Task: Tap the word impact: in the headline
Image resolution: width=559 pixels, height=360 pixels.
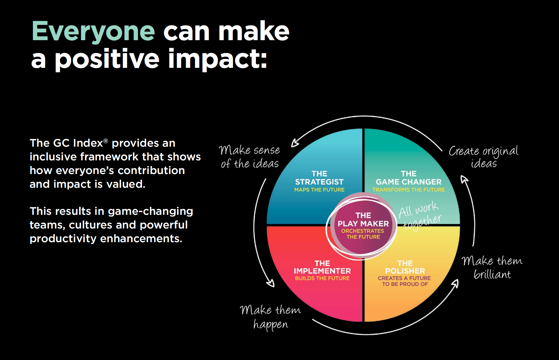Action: tap(218, 60)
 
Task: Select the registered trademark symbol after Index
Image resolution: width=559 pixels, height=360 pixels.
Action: tap(106, 140)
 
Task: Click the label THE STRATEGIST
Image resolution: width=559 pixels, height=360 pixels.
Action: tap(319, 178)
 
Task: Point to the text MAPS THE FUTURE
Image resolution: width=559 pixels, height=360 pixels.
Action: tap(319, 190)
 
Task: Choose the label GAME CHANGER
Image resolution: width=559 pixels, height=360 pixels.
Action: tap(409, 182)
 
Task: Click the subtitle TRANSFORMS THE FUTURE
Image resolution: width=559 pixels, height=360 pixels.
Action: tap(409, 190)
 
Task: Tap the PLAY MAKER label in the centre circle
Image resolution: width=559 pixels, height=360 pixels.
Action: tap(363, 223)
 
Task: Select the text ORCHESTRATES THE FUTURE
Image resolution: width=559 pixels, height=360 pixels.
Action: tap(363, 234)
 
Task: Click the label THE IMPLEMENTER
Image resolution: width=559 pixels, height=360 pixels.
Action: tap(322, 267)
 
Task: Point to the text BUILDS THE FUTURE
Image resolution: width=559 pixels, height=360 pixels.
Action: tap(322, 278)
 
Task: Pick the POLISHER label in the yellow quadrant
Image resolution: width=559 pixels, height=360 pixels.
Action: tap(405, 271)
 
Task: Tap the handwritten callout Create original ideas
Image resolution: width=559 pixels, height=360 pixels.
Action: tap(483, 156)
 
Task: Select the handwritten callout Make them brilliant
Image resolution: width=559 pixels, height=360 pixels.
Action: tap(492, 267)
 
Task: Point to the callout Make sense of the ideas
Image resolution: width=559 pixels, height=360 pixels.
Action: tap(249, 156)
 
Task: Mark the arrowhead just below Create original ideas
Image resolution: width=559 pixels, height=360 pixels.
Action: tap(464, 179)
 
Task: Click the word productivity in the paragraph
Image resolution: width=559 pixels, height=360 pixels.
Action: tap(63, 239)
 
